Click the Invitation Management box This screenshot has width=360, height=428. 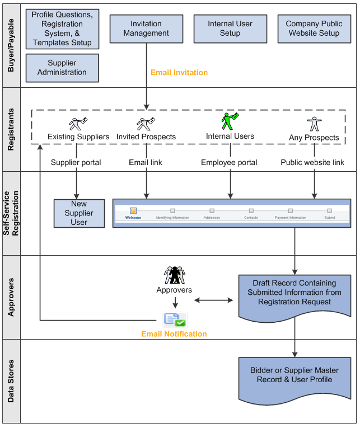tap(146, 29)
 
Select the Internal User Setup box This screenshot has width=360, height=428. tap(230, 29)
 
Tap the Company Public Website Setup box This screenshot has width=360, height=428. tap(314, 29)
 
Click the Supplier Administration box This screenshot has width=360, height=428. tap(62, 68)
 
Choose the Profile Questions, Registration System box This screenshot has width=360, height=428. tap(62, 29)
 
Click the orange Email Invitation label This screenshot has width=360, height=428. tap(179, 73)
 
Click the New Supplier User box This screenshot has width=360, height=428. tap(79, 213)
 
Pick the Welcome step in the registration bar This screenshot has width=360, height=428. tap(133, 213)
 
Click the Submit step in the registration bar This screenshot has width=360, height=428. tap(330, 213)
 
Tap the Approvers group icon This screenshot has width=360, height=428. tap(174, 275)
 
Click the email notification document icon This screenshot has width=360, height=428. tap(174, 319)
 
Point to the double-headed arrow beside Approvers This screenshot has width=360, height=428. tap(213, 300)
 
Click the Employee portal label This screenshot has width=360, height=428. tap(230, 162)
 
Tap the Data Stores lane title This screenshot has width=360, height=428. tap(11, 380)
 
